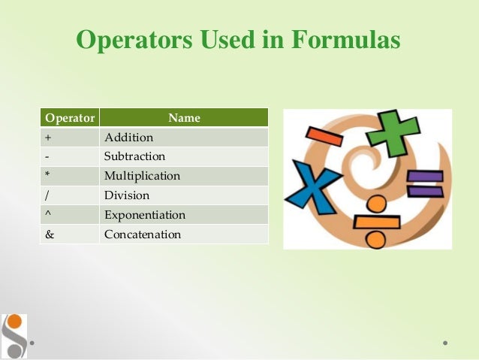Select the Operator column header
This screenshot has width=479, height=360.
[x=70, y=118]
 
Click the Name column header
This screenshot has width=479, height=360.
[x=184, y=118]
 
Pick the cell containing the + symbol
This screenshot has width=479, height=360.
[x=70, y=138]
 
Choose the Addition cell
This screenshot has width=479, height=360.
[x=184, y=138]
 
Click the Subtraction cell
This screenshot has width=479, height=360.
[x=184, y=156]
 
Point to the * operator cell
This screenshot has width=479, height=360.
[x=70, y=176]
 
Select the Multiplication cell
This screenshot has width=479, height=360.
[x=184, y=176]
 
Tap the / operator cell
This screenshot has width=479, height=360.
[x=70, y=195]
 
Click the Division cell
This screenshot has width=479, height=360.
[x=184, y=195]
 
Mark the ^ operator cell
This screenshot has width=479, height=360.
[x=70, y=215]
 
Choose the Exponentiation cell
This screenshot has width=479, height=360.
[x=184, y=215]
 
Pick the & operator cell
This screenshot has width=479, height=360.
[x=70, y=234]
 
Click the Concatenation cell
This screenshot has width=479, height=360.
[x=184, y=234]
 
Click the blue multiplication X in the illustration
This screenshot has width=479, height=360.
[x=312, y=183]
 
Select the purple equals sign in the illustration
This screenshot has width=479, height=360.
[x=425, y=183]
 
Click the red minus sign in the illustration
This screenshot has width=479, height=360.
[x=324, y=136]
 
